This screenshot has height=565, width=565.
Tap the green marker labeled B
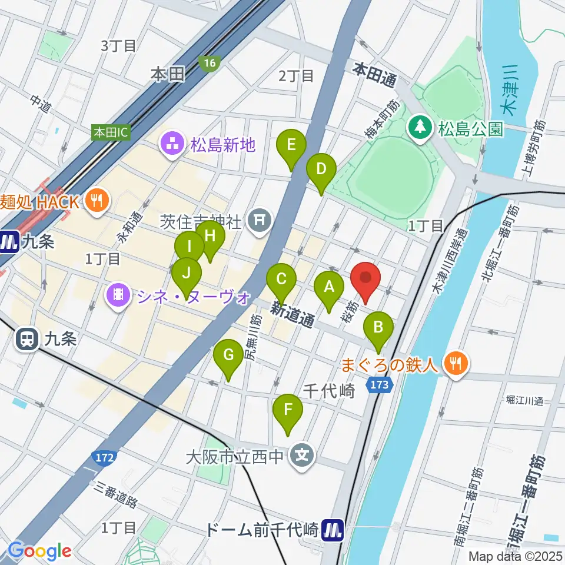pos(378,327)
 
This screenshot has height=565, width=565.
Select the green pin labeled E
pos(291,145)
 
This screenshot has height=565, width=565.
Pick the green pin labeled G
pos(228,355)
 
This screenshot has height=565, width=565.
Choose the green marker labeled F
pos(288,409)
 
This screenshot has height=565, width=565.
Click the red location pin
pos(365,278)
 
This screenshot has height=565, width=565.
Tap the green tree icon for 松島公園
pos(420,126)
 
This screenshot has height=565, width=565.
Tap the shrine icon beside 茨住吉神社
pos(259,222)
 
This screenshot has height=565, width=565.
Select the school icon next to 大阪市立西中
pos(302,455)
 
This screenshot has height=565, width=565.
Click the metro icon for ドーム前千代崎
pos(334,531)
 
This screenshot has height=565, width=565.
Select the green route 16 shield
pos(208,63)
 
